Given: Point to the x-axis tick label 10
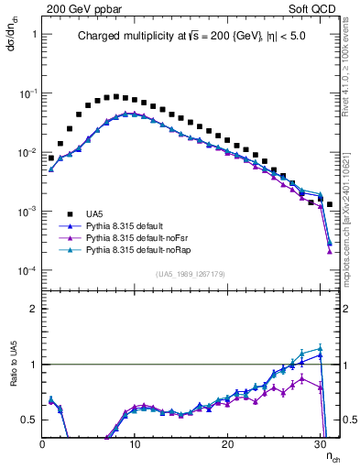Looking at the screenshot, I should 135,444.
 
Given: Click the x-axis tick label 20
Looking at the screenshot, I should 227,444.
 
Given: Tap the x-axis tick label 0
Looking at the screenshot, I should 42,444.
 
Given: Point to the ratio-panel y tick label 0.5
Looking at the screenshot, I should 27,420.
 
